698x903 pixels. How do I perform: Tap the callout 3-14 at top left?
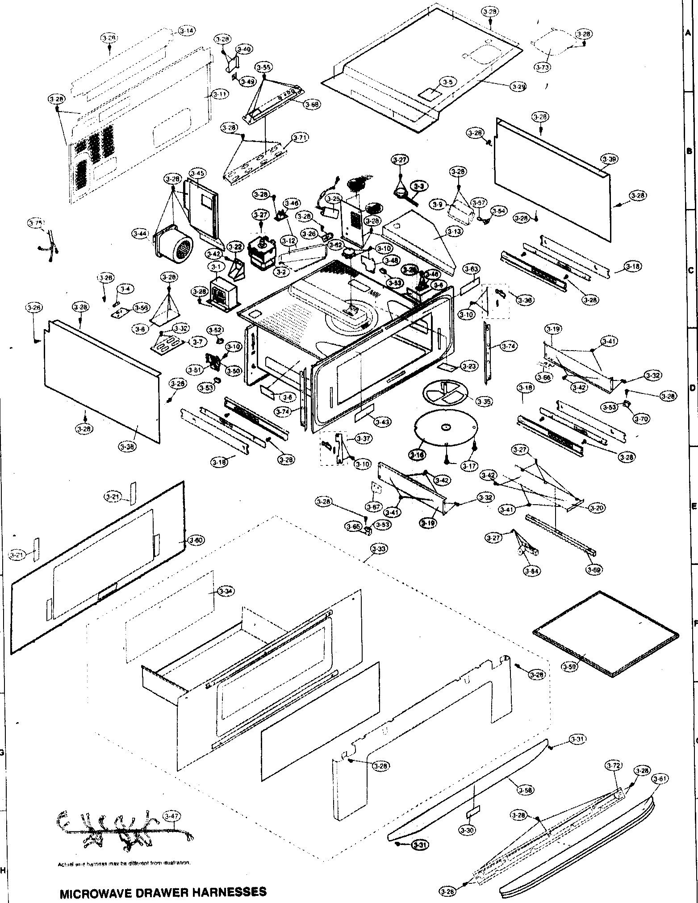187,31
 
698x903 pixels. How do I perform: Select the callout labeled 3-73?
542,67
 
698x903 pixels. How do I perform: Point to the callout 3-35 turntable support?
484,402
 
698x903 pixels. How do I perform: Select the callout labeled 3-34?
225,592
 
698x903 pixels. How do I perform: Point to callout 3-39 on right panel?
609,159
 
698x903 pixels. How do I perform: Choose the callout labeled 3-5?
448,82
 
